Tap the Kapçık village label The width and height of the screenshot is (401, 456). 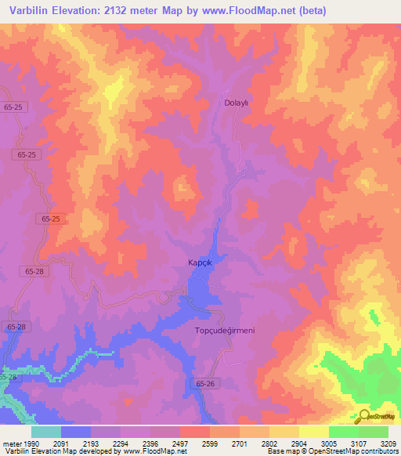click(200, 263)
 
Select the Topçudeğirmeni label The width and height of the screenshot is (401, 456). click(225, 331)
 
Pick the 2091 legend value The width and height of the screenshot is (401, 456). click(70, 443)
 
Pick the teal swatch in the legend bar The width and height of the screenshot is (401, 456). click(46, 432)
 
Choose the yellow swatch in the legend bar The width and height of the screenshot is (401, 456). click(313, 432)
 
